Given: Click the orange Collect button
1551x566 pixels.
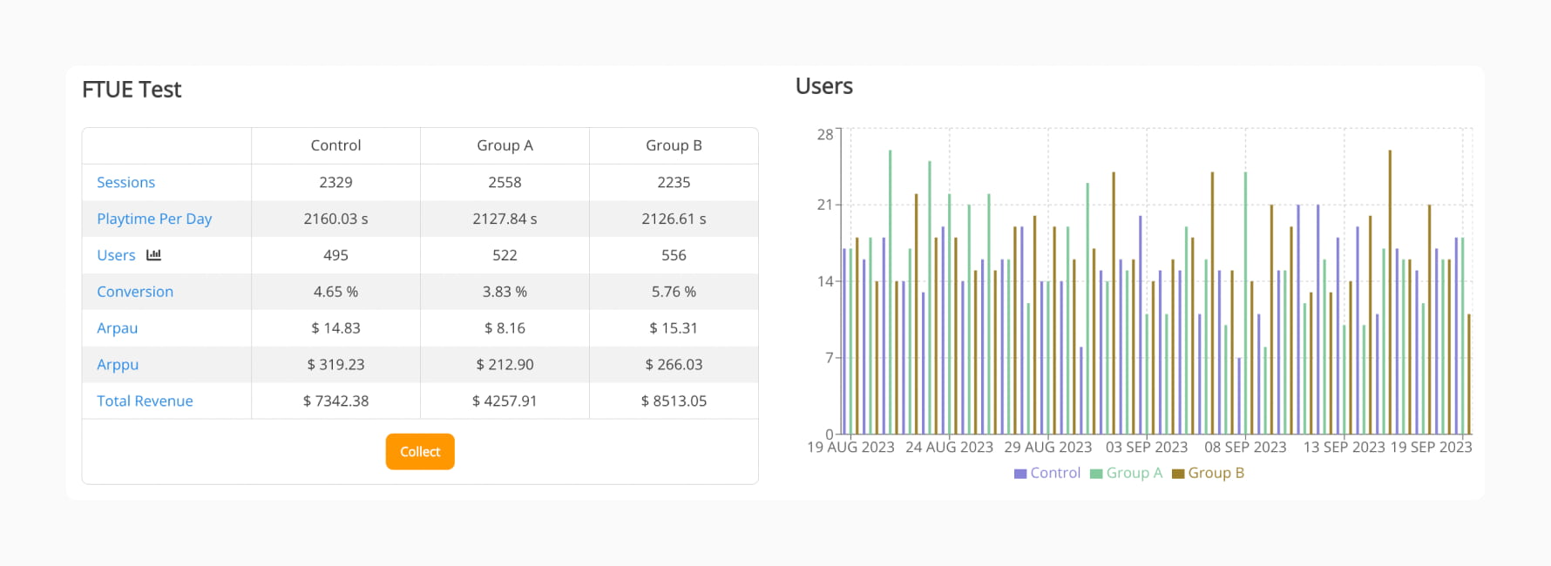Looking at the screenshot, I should click(x=420, y=452).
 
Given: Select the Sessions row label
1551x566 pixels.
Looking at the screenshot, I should click(x=125, y=182).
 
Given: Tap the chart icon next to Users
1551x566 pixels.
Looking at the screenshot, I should click(x=154, y=255).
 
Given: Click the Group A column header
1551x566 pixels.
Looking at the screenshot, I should click(x=505, y=145).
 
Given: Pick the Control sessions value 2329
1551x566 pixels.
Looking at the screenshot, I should click(x=335, y=182).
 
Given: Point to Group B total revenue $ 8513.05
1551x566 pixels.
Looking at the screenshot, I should click(x=674, y=401).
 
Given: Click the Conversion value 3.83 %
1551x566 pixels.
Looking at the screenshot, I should click(x=505, y=292).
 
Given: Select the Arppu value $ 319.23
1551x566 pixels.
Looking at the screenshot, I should click(x=335, y=364).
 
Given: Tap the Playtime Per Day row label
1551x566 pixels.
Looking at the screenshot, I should click(x=154, y=219).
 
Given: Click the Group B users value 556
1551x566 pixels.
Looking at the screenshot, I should click(x=674, y=255).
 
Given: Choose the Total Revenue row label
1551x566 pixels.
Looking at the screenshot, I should click(x=145, y=401).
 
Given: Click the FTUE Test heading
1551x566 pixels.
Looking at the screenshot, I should click(x=132, y=90).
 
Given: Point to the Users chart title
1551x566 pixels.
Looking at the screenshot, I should click(x=823, y=86).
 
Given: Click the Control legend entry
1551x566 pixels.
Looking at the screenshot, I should click(x=1047, y=473).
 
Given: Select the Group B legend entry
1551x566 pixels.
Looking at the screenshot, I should click(x=1209, y=473).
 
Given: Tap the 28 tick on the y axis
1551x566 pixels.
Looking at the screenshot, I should click(x=824, y=134).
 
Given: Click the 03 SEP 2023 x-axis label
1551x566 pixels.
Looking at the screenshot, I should click(x=1146, y=447).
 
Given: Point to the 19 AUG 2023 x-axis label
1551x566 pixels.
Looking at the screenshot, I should click(x=850, y=447).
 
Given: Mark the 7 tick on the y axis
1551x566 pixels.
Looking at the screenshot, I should click(x=829, y=357).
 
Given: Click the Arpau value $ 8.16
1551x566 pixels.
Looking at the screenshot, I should click(x=505, y=328).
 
